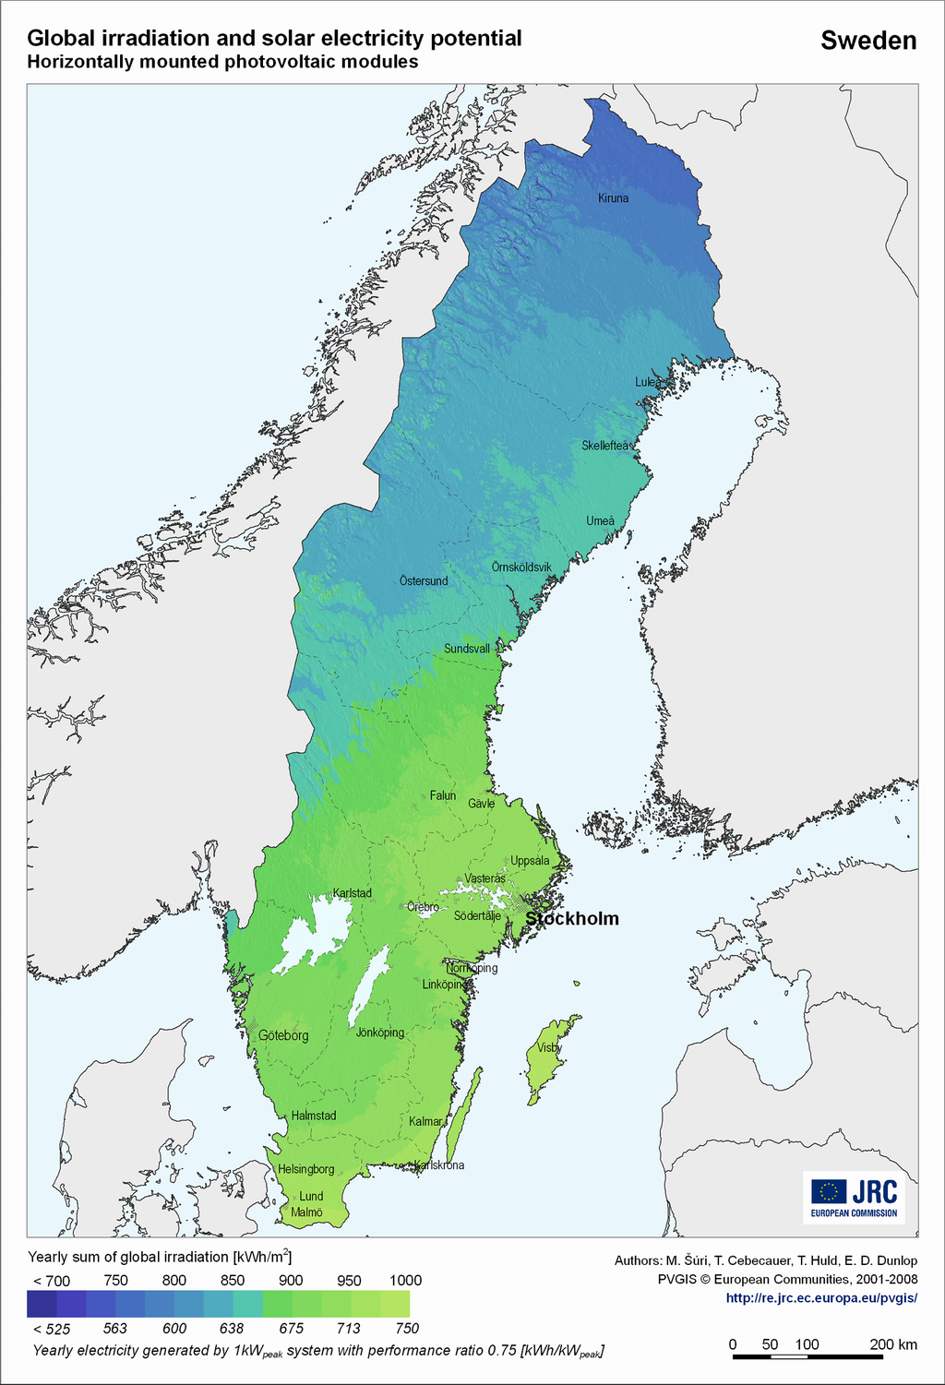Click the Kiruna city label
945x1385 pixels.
pyautogui.click(x=613, y=198)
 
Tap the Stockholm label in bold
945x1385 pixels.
pyautogui.click(x=572, y=919)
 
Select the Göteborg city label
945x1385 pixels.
pyautogui.click(x=283, y=1036)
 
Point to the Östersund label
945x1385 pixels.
pyautogui.click(x=424, y=581)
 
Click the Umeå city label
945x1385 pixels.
pyautogui.click(x=600, y=521)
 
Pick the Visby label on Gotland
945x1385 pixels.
pyautogui.click(x=548, y=1048)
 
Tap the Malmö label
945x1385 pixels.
pyautogui.click(x=307, y=1212)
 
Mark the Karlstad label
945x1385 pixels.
pyautogui.click(x=353, y=893)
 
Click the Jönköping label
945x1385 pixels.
pyautogui.click(x=380, y=1033)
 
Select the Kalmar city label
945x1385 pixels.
pyautogui.click(x=425, y=1122)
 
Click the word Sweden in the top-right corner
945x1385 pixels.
pyautogui.click(x=868, y=41)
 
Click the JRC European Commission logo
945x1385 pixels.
pyautogui.click(x=854, y=1197)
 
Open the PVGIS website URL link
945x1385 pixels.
pyautogui.click(x=821, y=1297)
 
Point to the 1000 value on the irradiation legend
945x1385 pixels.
pyautogui.click(x=405, y=1281)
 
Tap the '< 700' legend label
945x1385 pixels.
pyautogui.click(x=52, y=1281)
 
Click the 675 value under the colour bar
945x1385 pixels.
pyautogui.click(x=292, y=1329)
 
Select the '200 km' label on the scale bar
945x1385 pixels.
pyautogui.click(x=893, y=1344)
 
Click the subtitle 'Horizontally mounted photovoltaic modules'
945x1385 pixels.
pyautogui.click(x=222, y=62)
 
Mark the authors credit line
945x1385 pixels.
pyautogui.click(x=766, y=1260)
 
